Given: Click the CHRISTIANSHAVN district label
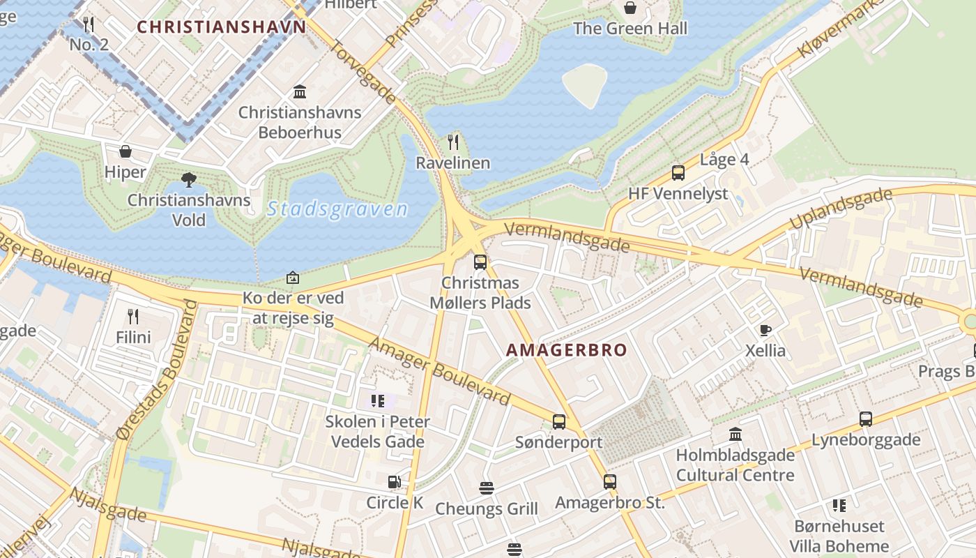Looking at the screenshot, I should pyautogui.click(x=221, y=27).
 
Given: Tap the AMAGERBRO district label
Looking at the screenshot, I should pyautogui.click(x=567, y=350).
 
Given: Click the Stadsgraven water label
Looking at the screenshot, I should pyautogui.click(x=337, y=209).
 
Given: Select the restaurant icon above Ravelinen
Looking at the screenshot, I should pyautogui.click(x=453, y=142).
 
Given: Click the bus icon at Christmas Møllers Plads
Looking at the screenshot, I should pyautogui.click(x=480, y=262).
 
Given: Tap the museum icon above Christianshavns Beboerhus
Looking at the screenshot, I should pyautogui.click(x=300, y=91).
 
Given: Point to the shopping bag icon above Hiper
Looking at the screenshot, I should pyautogui.click(x=125, y=151).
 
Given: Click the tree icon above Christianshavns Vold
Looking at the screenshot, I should pyautogui.click(x=188, y=180).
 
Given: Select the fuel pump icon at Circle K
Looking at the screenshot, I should pyautogui.click(x=395, y=482).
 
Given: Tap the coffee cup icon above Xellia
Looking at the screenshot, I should pyautogui.click(x=765, y=330).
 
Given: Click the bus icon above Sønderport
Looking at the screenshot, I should pyautogui.click(x=559, y=421).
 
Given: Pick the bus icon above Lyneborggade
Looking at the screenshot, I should pyautogui.click(x=866, y=419).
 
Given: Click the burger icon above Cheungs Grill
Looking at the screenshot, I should pyautogui.click(x=487, y=488).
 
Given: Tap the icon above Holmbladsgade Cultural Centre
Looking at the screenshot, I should pyautogui.click(x=735, y=435).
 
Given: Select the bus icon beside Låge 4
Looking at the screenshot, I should pyautogui.click(x=678, y=173).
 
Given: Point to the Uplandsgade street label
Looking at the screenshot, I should pyautogui.click(x=841, y=209).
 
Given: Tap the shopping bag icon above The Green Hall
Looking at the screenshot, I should pyautogui.click(x=630, y=8).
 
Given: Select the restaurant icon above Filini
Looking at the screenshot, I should pyautogui.click(x=133, y=317).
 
